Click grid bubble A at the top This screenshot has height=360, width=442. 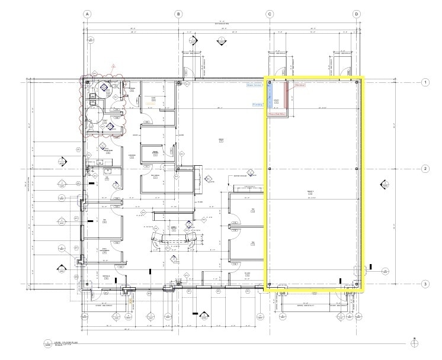[87, 14]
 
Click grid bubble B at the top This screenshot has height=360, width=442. [177, 14]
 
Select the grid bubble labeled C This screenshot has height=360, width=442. [269, 14]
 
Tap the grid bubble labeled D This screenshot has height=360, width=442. [357, 14]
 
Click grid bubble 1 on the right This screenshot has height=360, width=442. [425, 82]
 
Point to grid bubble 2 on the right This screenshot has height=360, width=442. [425, 169]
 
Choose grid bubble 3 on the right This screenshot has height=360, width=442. [425, 284]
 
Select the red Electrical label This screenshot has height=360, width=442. [300, 85]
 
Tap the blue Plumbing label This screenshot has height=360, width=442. [258, 104]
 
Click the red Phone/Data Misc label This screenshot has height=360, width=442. [277, 113]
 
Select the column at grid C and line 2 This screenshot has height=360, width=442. [269, 169]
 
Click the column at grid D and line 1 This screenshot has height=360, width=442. [357, 82]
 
